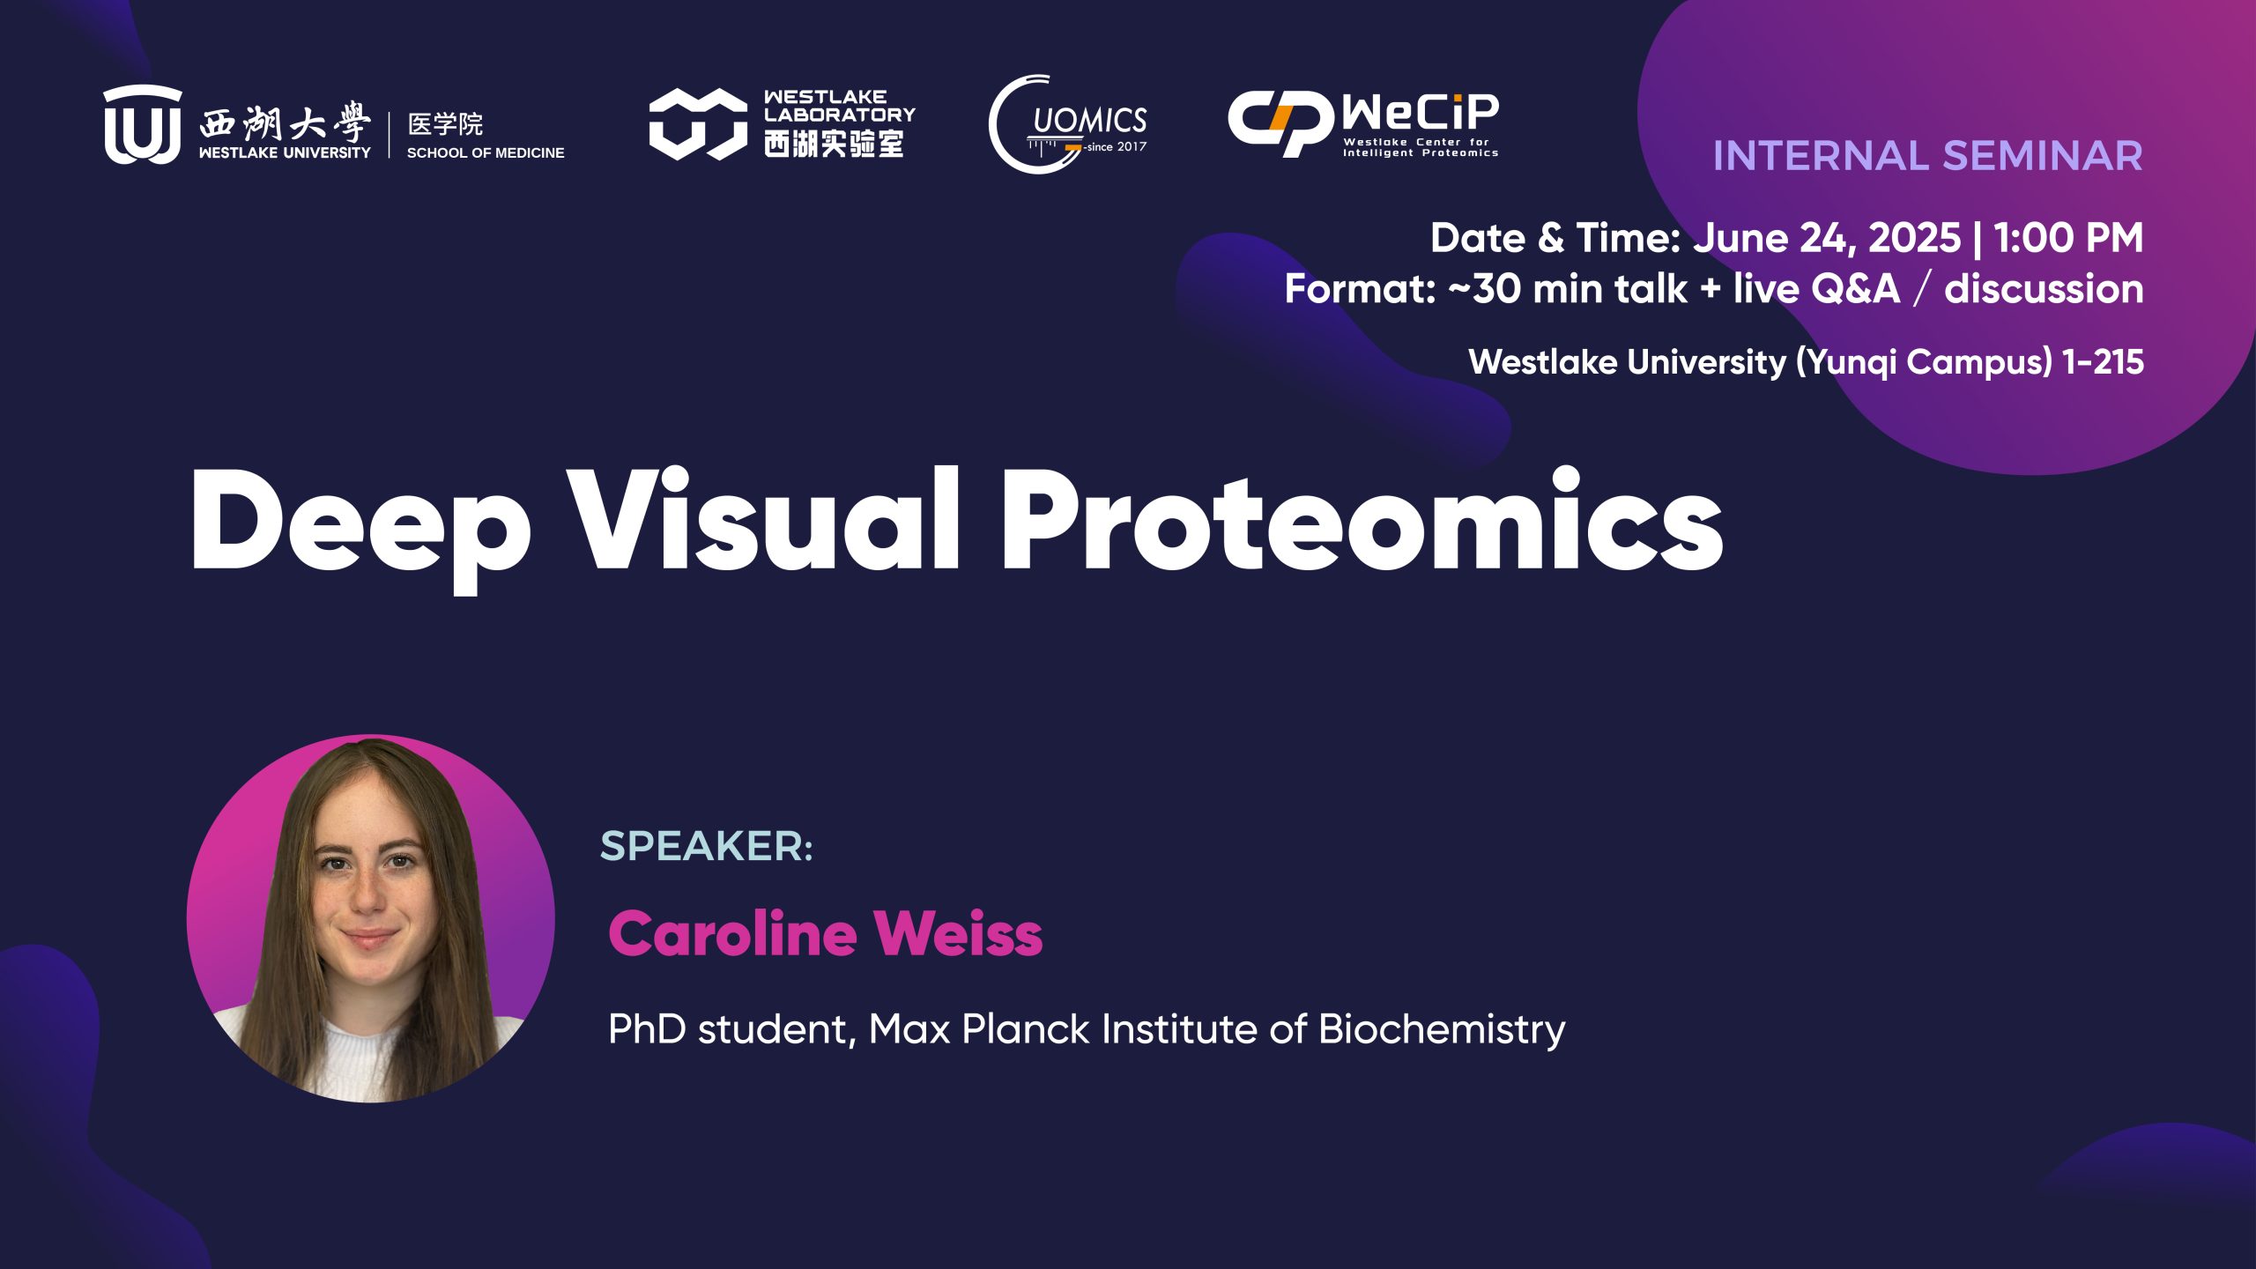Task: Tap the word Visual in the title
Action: pyautogui.click(x=762, y=518)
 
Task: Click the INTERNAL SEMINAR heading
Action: pyautogui.click(x=1927, y=156)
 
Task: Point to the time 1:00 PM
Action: pyautogui.click(x=2068, y=238)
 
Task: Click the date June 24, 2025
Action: pyautogui.click(x=1827, y=239)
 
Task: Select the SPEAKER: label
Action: pyautogui.click(x=706, y=846)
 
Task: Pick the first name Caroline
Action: pyautogui.click(x=732, y=933)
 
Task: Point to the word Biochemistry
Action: pyautogui.click(x=1442, y=1030)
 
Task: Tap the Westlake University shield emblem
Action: pyautogui.click(x=143, y=125)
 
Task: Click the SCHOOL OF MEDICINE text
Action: pyautogui.click(x=486, y=152)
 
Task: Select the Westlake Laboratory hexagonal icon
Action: pyautogui.click(x=698, y=124)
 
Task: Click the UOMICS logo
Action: pyautogui.click(x=1068, y=124)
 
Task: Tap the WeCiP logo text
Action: pyautogui.click(x=1420, y=113)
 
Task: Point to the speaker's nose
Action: pyautogui.click(x=367, y=894)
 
